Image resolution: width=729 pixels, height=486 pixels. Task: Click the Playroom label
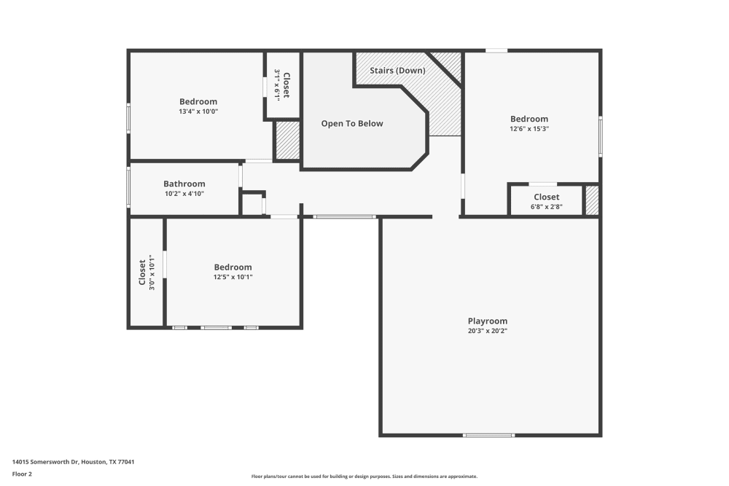pyautogui.click(x=487, y=321)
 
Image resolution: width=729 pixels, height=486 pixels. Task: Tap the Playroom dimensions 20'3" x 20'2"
pyautogui.click(x=487, y=331)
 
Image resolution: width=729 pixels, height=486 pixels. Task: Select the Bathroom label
pyautogui.click(x=184, y=184)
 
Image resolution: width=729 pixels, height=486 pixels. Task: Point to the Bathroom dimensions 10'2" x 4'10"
pyautogui.click(x=184, y=194)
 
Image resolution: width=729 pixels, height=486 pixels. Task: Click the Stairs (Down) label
pyautogui.click(x=397, y=70)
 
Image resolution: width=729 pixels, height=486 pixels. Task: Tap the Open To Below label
pyautogui.click(x=352, y=124)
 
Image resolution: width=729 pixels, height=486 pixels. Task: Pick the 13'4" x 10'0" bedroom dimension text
pyautogui.click(x=198, y=111)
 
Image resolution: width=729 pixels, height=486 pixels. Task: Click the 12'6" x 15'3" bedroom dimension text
pyautogui.click(x=529, y=129)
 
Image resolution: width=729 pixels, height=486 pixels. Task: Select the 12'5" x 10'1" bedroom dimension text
pyautogui.click(x=233, y=277)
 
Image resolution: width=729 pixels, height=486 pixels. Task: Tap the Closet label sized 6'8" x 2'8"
pyautogui.click(x=546, y=197)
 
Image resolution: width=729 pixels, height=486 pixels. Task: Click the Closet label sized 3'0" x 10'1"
pyautogui.click(x=142, y=273)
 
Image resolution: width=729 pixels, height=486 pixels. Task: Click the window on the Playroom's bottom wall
pyautogui.click(x=488, y=435)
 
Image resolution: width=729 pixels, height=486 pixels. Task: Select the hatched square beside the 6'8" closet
pyautogui.click(x=592, y=200)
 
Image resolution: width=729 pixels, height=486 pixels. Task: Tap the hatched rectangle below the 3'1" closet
pyautogui.click(x=288, y=141)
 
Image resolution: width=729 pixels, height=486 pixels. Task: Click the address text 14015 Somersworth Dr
pyautogui.click(x=46, y=462)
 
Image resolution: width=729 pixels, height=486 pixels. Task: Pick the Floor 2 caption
pyautogui.click(x=23, y=474)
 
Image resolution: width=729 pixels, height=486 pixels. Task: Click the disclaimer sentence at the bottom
pyautogui.click(x=364, y=477)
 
